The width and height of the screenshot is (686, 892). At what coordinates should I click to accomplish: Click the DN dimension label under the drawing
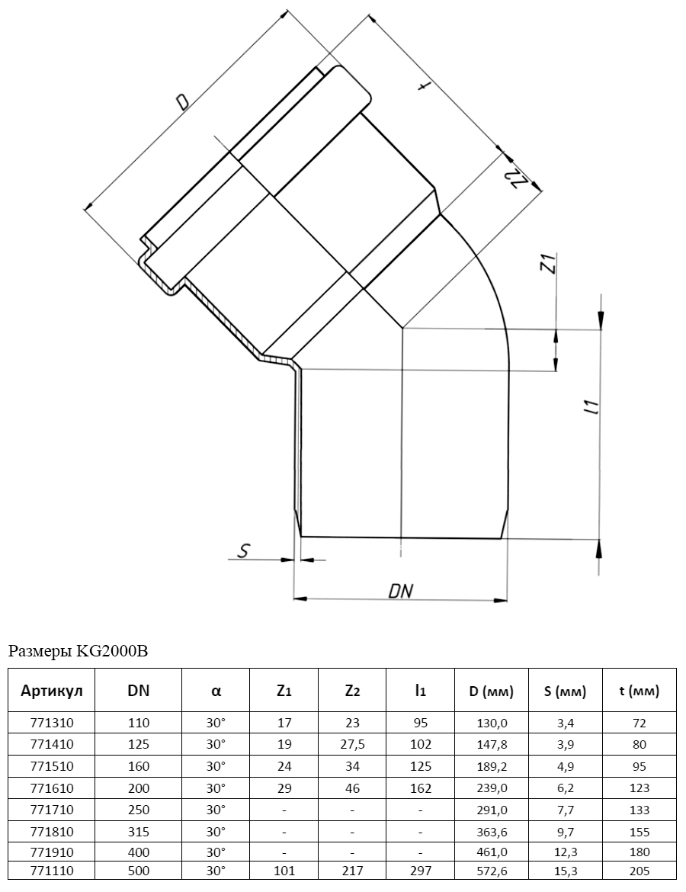[x=400, y=591]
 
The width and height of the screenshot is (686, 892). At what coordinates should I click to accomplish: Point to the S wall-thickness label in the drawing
[x=243, y=550]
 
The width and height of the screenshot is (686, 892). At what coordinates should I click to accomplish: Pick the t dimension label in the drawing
[x=422, y=86]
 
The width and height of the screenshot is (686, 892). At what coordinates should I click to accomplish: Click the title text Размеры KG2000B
[x=78, y=651]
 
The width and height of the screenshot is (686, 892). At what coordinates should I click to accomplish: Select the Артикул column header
[x=52, y=691]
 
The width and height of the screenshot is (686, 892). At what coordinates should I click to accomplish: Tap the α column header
[x=216, y=691]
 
